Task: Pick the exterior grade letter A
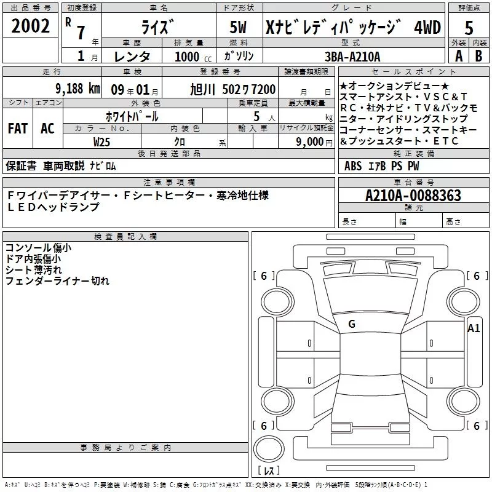click(x=458, y=55)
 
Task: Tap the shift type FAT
click(x=18, y=128)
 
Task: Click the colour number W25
click(x=102, y=141)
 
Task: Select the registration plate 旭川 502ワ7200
click(x=233, y=89)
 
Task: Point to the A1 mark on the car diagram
click(x=474, y=328)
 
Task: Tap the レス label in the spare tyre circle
click(x=269, y=470)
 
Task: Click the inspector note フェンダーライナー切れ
click(x=57, y=281)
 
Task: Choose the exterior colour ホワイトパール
click(x=131, y=116)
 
